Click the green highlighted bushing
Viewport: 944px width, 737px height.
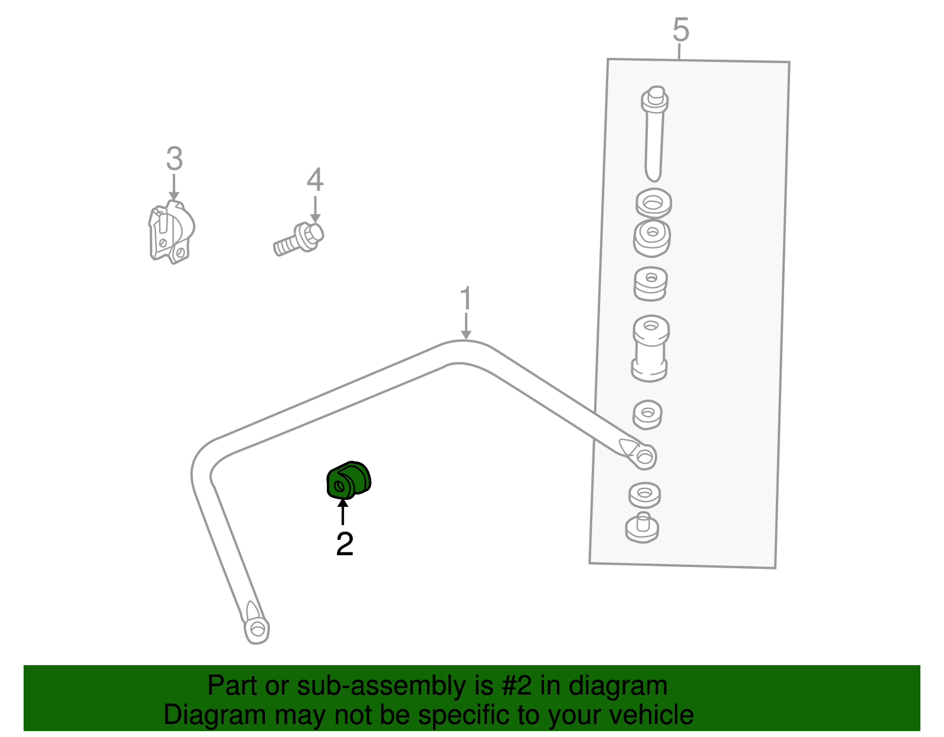[x=349, y=480]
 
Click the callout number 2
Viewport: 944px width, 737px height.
[x=345, y=543]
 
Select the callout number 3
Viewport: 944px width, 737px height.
[x=174, y=159]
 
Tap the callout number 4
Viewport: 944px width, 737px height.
[x=315, y=180]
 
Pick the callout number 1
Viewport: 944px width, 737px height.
[x=466, y=299]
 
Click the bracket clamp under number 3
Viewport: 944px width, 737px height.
[x=171, y=232]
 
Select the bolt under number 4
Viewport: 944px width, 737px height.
[x=299, y=240]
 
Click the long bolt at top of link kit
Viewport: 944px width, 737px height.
[x=654, y=134]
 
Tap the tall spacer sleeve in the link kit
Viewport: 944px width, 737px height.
[x=650, y=349]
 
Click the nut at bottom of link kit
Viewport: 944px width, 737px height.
[x=642, y=528]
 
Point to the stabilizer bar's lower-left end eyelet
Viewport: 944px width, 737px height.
[x=257, y=628]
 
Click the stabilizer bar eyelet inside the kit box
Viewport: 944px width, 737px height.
[x=643, y=456]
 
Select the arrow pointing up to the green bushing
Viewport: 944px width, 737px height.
[x=343, y=512]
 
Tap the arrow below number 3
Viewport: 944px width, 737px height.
[x=174, y=187]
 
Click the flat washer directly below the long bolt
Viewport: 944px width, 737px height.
[x=653, y=203]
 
